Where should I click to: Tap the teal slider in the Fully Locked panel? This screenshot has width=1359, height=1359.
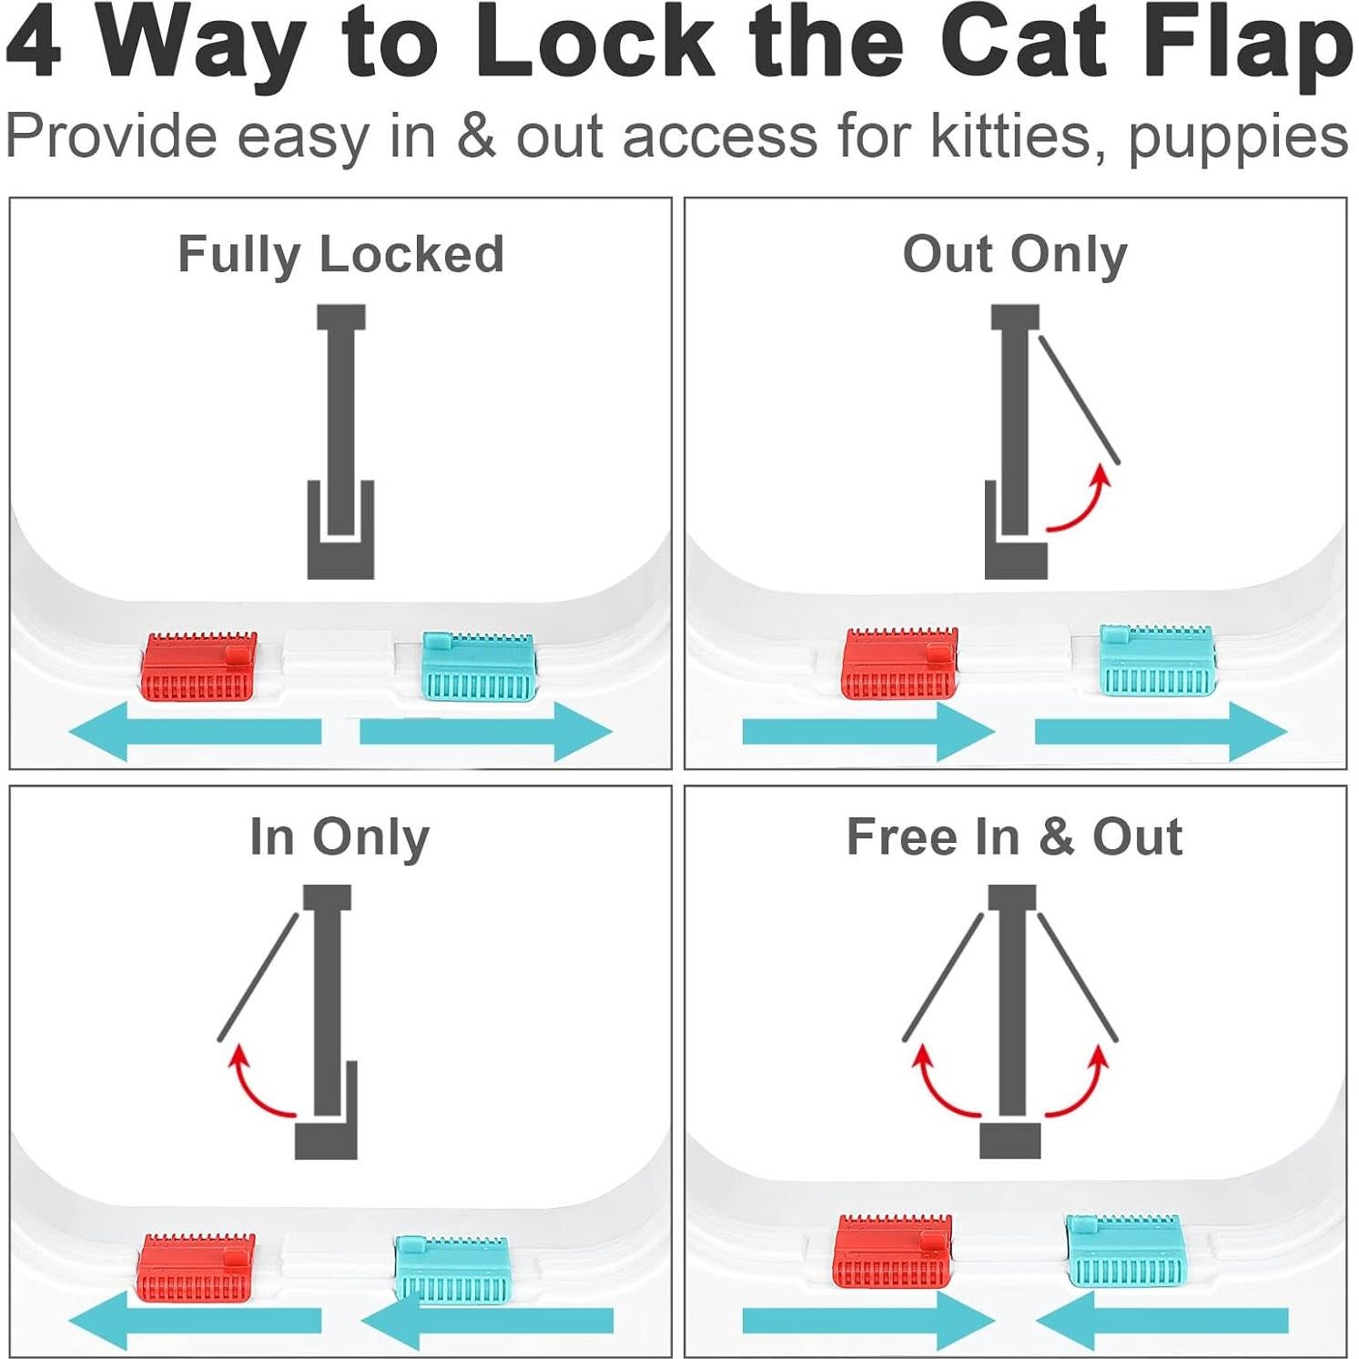(x=480, y=667)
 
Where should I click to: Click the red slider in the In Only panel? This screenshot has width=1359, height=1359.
(x=197, y=1267)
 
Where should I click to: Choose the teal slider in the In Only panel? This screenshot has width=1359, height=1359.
(x=451, y=1267)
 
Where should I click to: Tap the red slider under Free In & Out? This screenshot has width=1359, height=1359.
(x=893, y=1251)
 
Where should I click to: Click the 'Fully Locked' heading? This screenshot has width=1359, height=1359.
(x=340, y=254)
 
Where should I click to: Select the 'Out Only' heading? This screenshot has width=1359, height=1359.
(x=1015, y=254)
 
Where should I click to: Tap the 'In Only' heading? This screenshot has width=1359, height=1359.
(x=340, y=837)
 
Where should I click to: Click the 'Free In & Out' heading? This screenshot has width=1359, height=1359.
(x=1014, y=837)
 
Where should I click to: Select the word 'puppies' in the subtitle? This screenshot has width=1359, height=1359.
(x=1238, y=138)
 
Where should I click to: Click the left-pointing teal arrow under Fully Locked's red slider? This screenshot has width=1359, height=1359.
(x=195, y=731)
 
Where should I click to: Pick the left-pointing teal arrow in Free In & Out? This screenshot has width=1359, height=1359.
(x=1161, y=1320)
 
